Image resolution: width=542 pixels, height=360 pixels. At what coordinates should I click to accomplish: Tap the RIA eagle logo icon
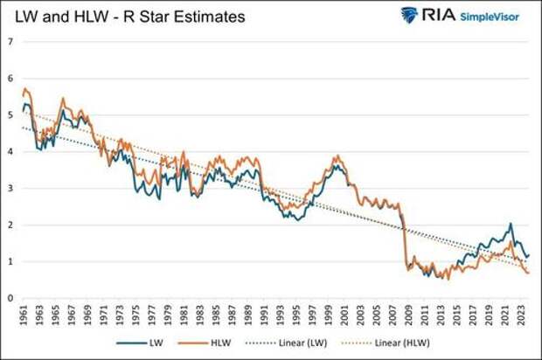click(409, 15)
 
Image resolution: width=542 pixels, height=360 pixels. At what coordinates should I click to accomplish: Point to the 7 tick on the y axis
click(10, 42)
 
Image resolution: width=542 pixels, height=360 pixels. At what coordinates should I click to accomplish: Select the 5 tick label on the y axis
click(10, 115)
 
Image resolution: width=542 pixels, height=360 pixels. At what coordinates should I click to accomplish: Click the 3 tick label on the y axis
click(10, 189)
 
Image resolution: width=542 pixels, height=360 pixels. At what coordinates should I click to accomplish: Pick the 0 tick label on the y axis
click(10, 298)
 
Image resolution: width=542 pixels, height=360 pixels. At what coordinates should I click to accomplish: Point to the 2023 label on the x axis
click(521, 315)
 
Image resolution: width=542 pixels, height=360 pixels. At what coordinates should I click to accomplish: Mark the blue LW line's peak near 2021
click(510, 225)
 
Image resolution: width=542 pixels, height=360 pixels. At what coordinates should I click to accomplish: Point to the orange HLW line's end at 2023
click(528, 273)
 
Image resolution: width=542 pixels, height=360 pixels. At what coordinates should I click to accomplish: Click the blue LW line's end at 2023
click(528, 255)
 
